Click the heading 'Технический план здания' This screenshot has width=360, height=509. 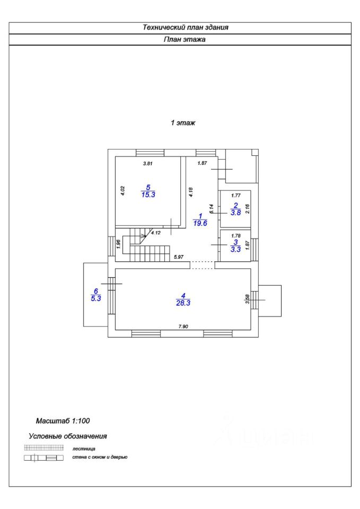pyautogui.click(x=185, y=28)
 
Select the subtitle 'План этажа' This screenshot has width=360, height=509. pyautogui.click(x=185, y=39)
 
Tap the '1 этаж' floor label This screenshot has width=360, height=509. pyautogui.click(x=183, y=122)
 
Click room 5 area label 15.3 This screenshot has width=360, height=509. pyautogui.click(x=148, y=195)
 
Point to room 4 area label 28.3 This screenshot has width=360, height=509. pyautogui.click(x=183, y=303)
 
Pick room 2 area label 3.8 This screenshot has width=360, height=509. pyautogui.click(x=236, y=213)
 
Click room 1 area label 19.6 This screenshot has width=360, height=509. pyautogui.click(x=200, y=223)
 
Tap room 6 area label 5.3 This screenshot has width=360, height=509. pyautogui.click(x=96, y=299)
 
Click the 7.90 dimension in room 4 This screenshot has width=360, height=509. pyautogui.click(x=182, y=327)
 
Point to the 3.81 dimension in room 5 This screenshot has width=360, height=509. pyautogui.click(x=148, y=163)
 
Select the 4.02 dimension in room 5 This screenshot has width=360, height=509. pyautogui.click(x=122, y=191)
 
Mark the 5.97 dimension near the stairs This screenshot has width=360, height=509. pyautogui.click(x=179, y=258)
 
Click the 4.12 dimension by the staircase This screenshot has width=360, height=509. pyautogui.click(x=156, y=232)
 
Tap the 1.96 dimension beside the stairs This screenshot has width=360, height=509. pyautogui.click(x=119, y=245)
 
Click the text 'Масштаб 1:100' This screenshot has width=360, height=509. pyautogui.click(x=63, y=422)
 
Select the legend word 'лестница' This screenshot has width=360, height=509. pyautogui.click(x=84, y=449)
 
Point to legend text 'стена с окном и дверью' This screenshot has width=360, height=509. pyautogui.click(x=100, y=457)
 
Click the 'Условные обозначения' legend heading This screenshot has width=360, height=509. pyautogui.click(x=67, y=436)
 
